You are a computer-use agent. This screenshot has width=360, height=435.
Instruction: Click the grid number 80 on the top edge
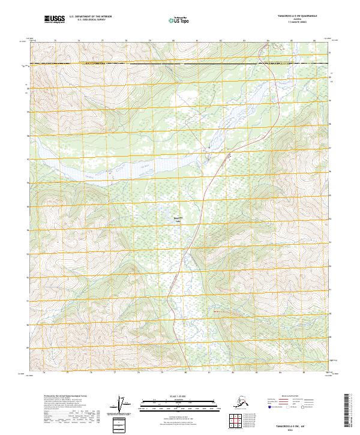pyautogui.click(x=173, y=41)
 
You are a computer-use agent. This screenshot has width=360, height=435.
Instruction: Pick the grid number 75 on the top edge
pyautogui.click(x=55, y=41)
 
